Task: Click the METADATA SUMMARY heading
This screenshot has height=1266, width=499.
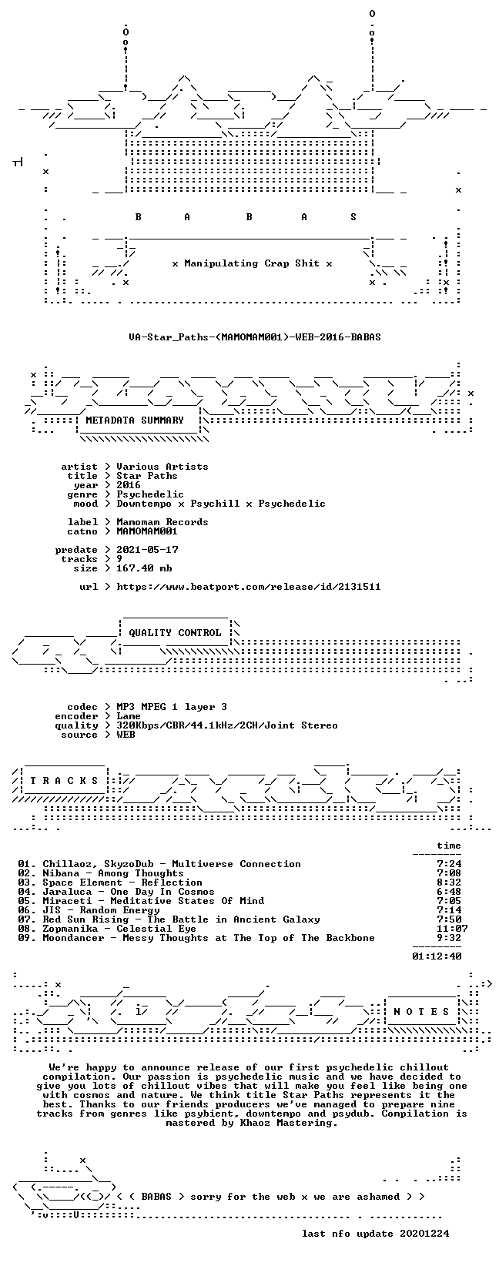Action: coord(135,420)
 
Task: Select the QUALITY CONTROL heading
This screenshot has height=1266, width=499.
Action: coord(175,632)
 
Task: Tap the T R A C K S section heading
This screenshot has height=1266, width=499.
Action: coord(64,781)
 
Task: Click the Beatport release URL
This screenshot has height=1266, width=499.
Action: coord(249,587)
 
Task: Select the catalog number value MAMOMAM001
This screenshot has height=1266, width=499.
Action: coord(147,531)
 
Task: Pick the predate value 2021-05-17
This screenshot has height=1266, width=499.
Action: coord(147,549)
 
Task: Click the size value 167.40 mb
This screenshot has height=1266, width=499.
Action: coord(144,568)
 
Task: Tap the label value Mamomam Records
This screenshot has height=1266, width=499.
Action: coord(162,521)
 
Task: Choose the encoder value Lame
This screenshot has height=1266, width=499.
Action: coord(129,716)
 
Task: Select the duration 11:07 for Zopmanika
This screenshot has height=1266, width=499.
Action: coord(452,929)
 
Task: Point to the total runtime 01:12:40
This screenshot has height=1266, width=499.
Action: coord(437,956)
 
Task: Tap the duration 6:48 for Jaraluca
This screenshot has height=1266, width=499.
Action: coord(449,891)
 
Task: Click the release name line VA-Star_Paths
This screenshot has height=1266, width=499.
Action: coord(255,337)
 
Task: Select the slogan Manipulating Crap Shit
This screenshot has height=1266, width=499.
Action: coord(252,263)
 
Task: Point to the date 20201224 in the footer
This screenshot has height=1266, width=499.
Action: coord(424,1233)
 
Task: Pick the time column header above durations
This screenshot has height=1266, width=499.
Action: coord(449,846)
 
